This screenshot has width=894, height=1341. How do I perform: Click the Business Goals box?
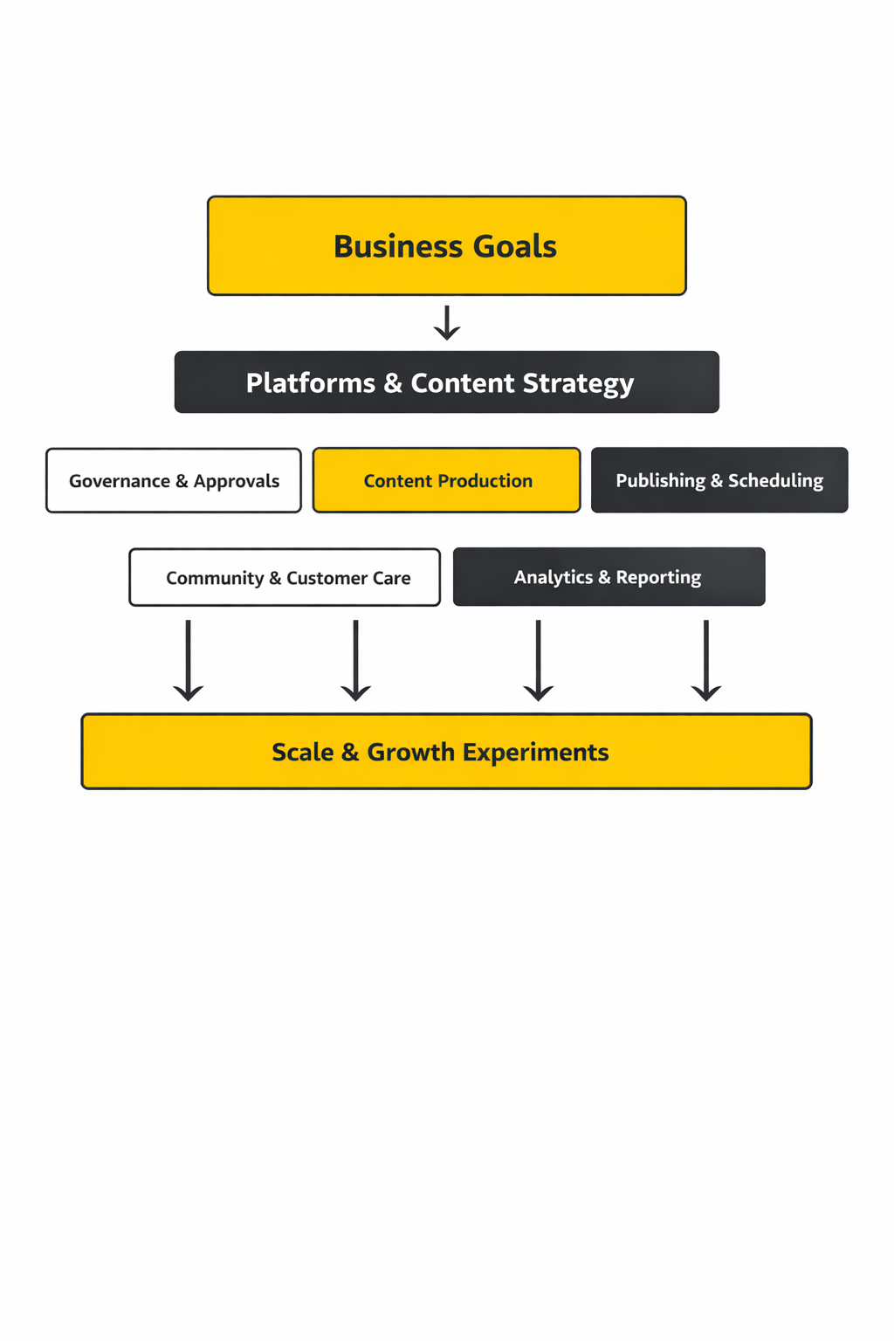pyautogui.click(x=447, y=246)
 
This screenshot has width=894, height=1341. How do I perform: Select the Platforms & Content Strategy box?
pyautogui.click(x=447, y=382)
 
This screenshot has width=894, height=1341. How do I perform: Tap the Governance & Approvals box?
pyautogui.click(x=174, y=481)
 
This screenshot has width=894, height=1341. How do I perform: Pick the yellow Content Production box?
pyautogui.click(x=447, y=481)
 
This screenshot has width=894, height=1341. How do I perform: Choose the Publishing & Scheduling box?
pyautogui.click(x=719, y=481)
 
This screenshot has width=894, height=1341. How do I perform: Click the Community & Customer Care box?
pyautogui.click(x=285, y=578)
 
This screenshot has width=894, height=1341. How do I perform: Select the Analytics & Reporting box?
pyautogui.click(x=609, y=577)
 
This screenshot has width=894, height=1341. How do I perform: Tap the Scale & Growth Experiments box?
pyautogui.click(x=447, y=752)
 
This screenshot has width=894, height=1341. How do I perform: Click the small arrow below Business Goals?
pyautogui.click(x=447, y=322)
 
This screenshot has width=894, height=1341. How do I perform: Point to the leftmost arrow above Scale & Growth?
pyautogui.click(x=189, y=661)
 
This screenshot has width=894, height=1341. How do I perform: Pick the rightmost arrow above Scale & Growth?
pyautogui.click(x=705, y=661)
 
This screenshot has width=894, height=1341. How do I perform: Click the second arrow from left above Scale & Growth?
pyautogui.click(x=355, y=661)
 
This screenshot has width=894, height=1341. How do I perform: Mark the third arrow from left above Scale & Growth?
pyautogui.click(x=538, y=661)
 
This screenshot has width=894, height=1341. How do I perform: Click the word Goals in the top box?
pyautogui.click(x=514, y=247)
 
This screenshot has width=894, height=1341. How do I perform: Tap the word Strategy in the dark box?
pyautogui.click(x=578, y=384)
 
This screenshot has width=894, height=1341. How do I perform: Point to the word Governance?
pyautogui.click(x=120, y=481)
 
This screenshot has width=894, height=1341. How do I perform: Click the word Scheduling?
pyautogui.click(x=775, y=481)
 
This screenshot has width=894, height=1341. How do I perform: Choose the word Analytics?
pyautogui.click(x=553, y=577)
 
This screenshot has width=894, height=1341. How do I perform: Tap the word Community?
pyautogui.click(x=215, y=578)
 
